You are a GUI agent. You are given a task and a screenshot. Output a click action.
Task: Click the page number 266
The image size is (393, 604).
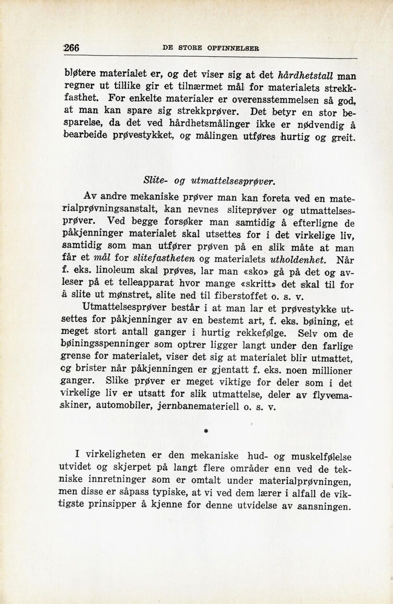pos(71,47)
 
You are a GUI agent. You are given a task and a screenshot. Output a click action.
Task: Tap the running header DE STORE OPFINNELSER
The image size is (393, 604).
pos(212,48)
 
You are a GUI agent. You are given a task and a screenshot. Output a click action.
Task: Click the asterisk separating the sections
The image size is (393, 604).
pos(206,432)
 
